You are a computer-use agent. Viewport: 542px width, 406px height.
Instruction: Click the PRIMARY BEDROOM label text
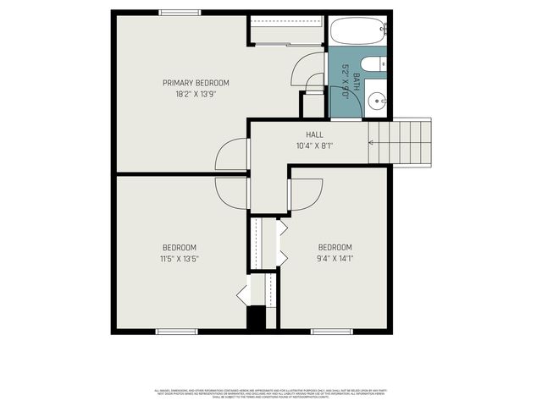click(196, 83)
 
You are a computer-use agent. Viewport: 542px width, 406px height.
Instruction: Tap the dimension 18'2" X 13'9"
click(196, 95)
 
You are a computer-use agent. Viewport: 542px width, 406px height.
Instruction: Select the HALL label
click(314, 134)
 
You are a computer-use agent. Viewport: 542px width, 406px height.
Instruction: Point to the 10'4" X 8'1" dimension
click(314, 146)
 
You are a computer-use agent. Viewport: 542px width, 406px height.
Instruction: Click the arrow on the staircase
click(373, 141)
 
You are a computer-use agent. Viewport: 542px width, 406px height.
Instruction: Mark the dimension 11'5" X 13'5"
click(179, 259)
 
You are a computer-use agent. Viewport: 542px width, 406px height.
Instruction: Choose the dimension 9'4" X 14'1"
click(335, 259)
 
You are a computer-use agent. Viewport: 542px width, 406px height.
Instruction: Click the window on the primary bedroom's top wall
click(180, 12)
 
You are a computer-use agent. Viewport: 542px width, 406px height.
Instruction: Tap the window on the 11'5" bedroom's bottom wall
click(177, 332)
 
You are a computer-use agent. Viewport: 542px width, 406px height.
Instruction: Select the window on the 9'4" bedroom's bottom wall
click(331, 332)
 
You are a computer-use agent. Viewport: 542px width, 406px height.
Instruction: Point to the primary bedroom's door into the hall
click(231, 155)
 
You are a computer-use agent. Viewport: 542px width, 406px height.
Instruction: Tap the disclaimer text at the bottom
click(271, 393)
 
